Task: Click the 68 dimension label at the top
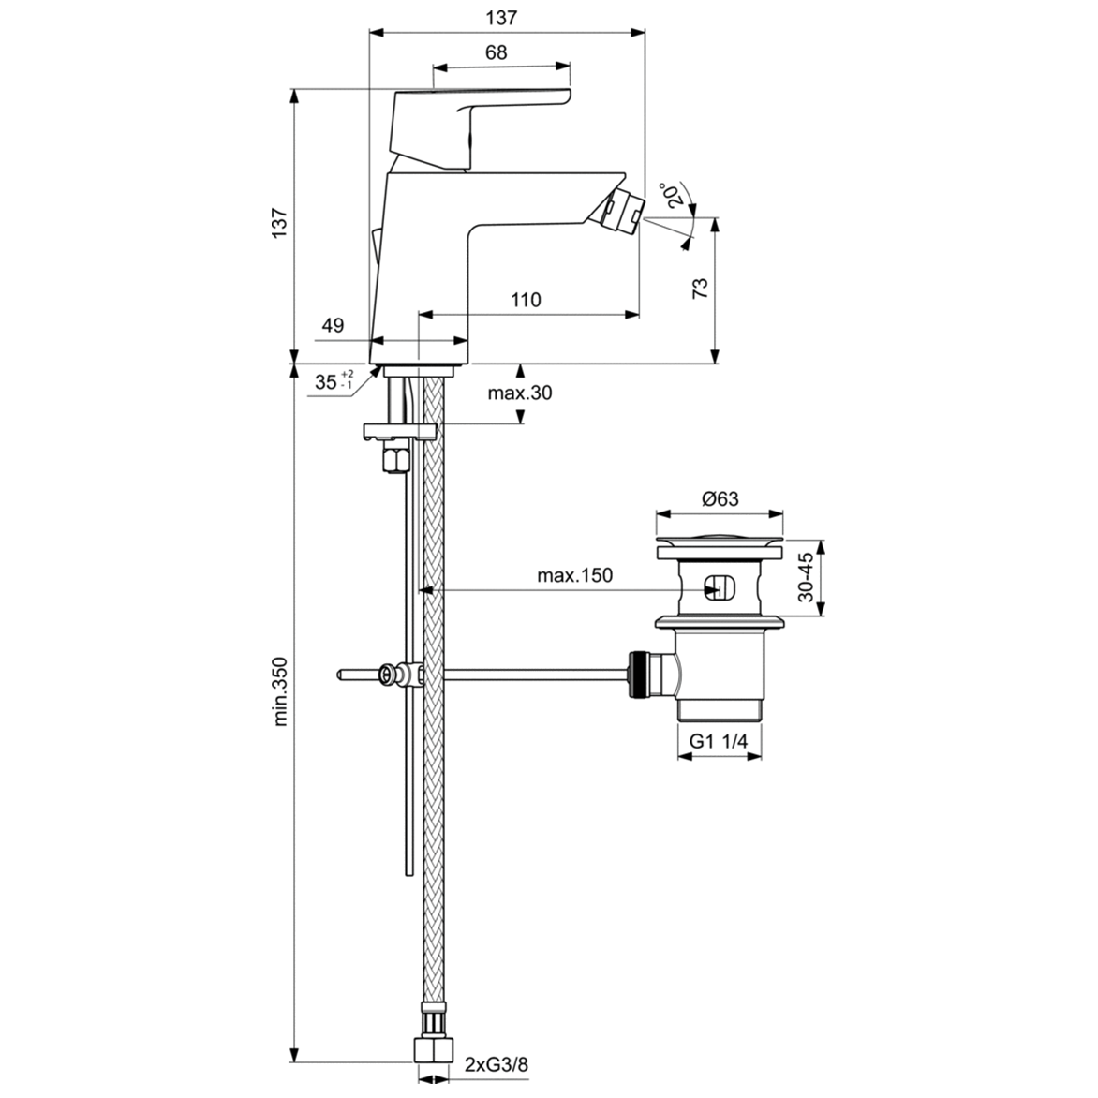point(497,53)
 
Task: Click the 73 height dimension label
point(700,289)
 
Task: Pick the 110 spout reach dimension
point(526,300)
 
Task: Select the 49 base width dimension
point(333,326)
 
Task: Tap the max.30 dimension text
point(520,393)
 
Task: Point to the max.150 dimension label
point(574,575)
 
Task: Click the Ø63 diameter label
point(720,499)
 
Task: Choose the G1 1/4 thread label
point(719,741)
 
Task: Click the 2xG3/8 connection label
point(497,1064)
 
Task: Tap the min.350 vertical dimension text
point(279,693)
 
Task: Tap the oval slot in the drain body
point(719,588)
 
